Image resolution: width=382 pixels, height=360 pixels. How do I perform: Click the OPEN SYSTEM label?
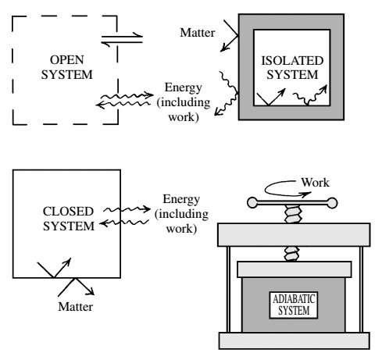67,67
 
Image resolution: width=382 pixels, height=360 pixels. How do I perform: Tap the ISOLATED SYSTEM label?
292,68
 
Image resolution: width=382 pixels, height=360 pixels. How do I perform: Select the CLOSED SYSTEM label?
68,219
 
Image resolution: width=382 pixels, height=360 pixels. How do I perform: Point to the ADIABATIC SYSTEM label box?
294,305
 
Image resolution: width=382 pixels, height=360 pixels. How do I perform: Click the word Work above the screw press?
316,183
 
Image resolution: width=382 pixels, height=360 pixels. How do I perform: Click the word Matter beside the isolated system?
198,33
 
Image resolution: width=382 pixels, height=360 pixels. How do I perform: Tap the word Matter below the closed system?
76,307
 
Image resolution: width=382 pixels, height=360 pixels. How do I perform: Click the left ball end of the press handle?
252,203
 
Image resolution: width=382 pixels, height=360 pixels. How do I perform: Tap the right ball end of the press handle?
332,203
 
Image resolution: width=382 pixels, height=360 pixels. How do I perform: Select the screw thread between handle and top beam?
293,214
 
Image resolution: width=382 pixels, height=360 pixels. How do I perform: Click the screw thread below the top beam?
291,254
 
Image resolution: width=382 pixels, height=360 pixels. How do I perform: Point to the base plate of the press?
295,340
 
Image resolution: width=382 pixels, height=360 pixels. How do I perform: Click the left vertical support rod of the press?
228,289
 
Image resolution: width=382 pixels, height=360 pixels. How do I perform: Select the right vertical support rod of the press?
361,289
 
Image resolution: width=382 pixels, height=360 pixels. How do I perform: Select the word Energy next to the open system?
184,87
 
